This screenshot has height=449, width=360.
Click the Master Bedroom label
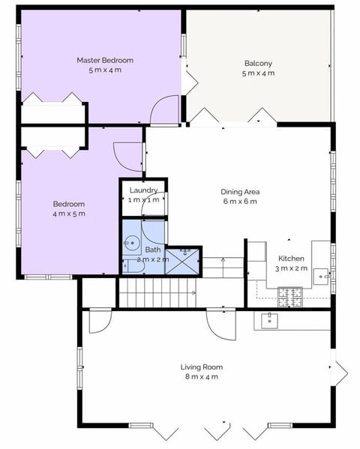(x=105, y=60)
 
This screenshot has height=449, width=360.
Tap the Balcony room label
(x=258, y=63)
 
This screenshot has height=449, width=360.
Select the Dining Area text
(x=240, y=191)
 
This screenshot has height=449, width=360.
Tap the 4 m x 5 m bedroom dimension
(x=68, y=214)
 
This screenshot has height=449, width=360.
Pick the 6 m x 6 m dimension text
(x=240, y=201)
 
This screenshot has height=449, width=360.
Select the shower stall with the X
(x=182, y=261)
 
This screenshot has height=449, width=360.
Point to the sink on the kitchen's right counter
(x=322, y=276)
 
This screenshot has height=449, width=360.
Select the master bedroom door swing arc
(x=163, y=111)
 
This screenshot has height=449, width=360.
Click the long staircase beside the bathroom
(x=156, y=292)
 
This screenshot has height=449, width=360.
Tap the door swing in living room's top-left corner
(x=99, y=321)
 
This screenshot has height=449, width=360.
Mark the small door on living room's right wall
(x=340, y=369)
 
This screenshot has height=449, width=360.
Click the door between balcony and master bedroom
(x=190, y=81)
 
